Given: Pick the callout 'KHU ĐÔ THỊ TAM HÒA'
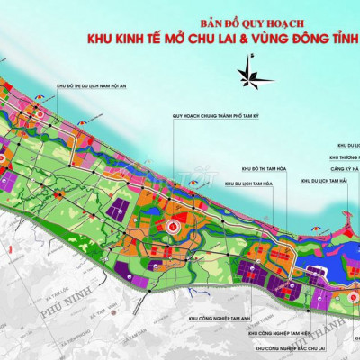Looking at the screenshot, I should click(x=267, y=168).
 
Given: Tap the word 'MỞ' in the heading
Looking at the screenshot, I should click(x=193, y=39).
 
